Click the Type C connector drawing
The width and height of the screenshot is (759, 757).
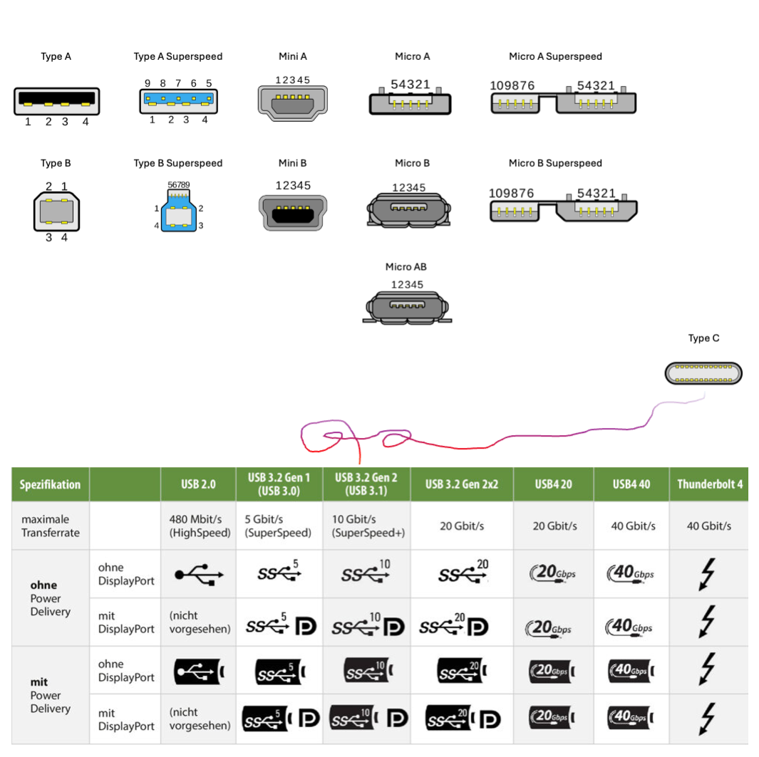coord(703,373)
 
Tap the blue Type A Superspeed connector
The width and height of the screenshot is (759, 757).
coord(179,101)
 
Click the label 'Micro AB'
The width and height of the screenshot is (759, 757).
coord(406,267)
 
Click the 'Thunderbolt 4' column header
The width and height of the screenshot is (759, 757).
coord(709,484)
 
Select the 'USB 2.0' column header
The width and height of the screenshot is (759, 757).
coord(198,484)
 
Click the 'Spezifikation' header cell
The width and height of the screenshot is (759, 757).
coord(50,484)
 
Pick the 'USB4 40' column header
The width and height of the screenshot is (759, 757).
coord(630,484)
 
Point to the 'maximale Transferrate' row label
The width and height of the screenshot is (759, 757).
coord(50,526)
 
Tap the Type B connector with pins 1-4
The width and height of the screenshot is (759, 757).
coord(56,212)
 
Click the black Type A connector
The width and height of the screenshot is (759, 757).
coord(56,101)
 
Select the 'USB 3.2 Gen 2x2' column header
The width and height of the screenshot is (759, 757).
coord(461,484)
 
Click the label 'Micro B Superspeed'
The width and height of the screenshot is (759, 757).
coord(555,163)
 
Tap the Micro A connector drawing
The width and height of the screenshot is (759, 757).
coord(411,103)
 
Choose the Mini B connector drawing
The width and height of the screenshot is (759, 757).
coord(293,212)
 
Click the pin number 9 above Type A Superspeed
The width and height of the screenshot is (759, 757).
coord(147,83)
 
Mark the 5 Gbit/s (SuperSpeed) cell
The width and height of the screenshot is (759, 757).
coord(279,526)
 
